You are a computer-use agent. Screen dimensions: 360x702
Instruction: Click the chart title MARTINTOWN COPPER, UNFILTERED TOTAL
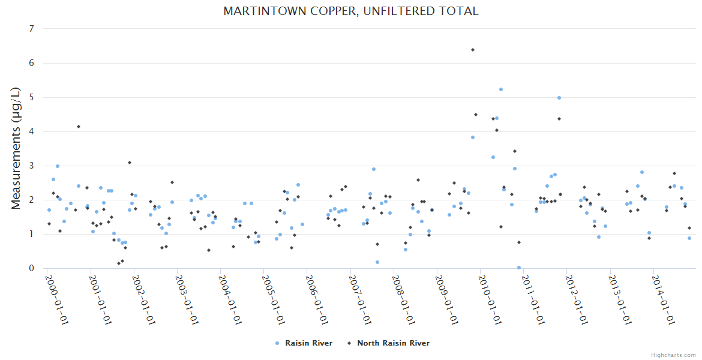click(350, 11)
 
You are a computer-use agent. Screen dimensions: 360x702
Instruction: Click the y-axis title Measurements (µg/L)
click(17, 148)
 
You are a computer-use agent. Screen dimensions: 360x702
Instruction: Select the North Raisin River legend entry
click(393, 343)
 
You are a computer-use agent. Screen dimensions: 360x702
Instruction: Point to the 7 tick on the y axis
click(31, 29)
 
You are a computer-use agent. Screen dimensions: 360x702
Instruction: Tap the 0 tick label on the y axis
click(31, 268)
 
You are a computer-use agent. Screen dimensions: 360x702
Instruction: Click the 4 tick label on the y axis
click(31, 131)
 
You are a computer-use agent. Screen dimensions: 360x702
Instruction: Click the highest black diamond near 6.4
click(473, 50)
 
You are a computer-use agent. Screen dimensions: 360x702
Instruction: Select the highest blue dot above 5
click(501, 89)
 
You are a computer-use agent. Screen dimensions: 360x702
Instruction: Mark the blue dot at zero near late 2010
click(519, 268)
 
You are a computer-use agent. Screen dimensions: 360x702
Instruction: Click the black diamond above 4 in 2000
click(79, 127)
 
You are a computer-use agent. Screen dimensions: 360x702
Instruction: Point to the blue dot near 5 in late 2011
click(559, 98)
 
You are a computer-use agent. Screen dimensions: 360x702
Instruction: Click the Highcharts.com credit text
click(673, 355)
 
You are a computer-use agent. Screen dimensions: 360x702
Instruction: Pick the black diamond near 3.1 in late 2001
click(130, 163)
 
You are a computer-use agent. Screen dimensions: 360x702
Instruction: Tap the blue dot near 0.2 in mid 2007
click(377, 262)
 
